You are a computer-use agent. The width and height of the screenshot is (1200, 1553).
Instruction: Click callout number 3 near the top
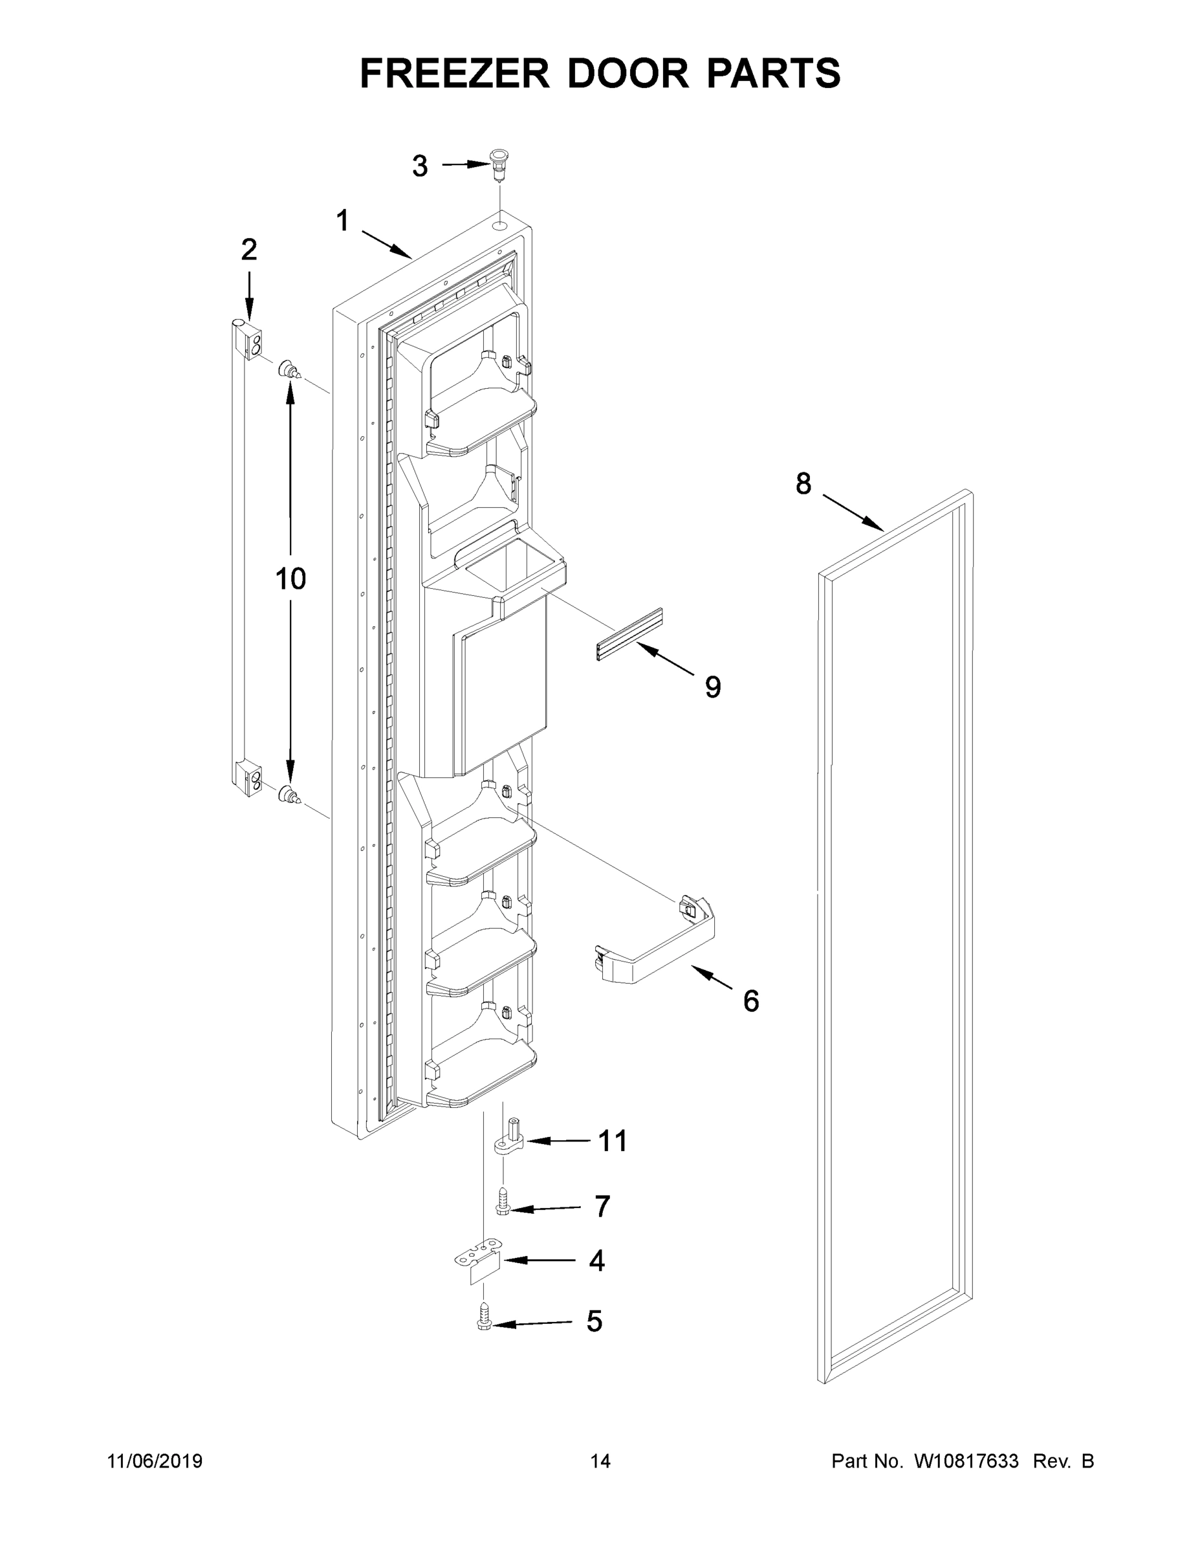pos(420,166)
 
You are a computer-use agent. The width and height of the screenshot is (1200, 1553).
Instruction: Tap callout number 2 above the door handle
pos(248,250)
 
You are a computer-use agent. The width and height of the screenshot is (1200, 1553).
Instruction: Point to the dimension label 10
pos(290,580)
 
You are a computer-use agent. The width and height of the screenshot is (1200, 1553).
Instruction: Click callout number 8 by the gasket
pos(803,484)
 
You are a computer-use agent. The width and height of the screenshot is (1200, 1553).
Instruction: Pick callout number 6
pos(750,1001)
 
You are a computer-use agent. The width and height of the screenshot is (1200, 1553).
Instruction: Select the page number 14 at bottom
pos(600,1461)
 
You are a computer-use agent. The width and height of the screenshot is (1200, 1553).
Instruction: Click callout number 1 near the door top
pos(343,221)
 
